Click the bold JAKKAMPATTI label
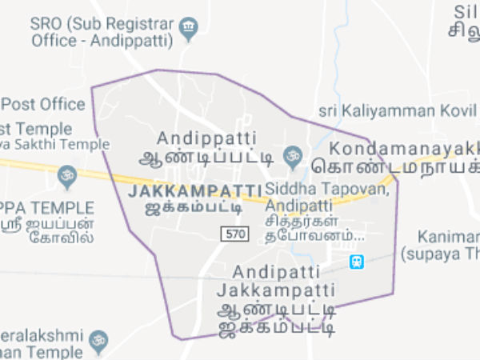tap(194, 192)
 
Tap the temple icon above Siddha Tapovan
tap(294, 152)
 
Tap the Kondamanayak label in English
tap(404, 148)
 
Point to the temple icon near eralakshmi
tap(98, 341)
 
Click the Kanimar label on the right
tap(448, 238)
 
